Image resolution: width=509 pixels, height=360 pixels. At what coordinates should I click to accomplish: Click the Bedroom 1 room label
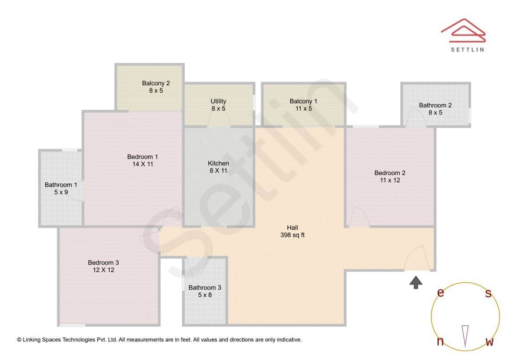tap(142, 157)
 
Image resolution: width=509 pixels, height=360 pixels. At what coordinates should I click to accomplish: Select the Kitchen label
tap(218, 164)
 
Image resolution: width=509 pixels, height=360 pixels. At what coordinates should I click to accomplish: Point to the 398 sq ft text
tap(292, 235)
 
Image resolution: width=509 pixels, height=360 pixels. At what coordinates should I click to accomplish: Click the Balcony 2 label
tap(156, 83)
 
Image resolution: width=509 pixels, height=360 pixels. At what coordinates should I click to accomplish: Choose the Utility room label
tap(218, 101)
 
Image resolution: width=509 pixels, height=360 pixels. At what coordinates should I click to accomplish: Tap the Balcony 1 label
tap(303, 101)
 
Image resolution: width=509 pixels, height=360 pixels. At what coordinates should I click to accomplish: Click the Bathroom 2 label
tap(435, 105)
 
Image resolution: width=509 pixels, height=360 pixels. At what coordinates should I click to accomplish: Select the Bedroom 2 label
tap(390, 173)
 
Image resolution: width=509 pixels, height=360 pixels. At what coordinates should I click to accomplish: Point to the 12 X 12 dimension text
tap(103, 270)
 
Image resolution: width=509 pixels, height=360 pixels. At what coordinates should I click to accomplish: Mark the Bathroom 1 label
tap(61, 185)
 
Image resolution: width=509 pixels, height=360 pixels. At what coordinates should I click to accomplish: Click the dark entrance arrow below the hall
tap(415, 282)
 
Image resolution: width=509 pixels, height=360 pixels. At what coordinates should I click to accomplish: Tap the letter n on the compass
tap(440, 342)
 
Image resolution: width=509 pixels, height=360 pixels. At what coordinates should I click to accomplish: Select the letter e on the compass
tap(440, 293)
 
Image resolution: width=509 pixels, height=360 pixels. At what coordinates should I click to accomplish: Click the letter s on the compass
tap(488, 294)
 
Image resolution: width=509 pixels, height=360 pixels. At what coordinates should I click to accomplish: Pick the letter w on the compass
tap(489, 342)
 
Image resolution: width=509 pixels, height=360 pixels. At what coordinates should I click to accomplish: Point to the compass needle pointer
tap(465, 336)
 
